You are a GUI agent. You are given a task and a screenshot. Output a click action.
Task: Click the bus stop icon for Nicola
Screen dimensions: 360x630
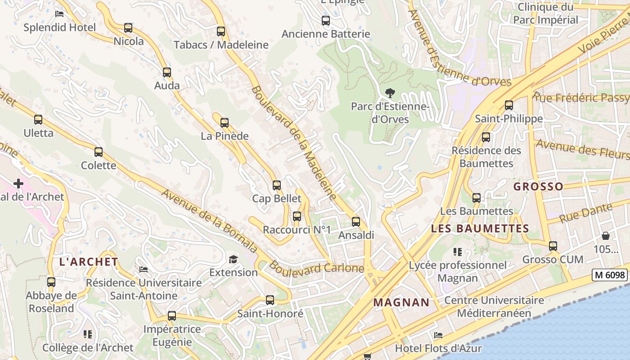(x=128, y=28)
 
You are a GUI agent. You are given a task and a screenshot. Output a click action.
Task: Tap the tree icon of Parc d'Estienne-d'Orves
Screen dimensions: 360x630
(x=390, y=93)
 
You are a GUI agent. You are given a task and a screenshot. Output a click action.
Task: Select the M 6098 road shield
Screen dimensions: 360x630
(x=610, y=274)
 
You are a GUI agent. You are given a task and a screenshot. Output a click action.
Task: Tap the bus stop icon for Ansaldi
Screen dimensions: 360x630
(x=356, y=221)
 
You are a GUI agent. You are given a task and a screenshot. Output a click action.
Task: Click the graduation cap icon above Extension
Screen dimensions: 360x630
(x=233, y=259)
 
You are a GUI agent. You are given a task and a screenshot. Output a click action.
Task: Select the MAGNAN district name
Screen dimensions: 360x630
(x=401, y=302)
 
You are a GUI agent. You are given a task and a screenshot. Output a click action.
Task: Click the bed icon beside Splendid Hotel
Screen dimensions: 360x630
(x=59, y=13)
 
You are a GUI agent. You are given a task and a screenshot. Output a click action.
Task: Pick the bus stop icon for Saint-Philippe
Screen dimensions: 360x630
(x=509, y=105)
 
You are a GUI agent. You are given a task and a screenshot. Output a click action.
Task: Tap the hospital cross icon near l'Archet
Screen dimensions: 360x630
(x=18, y=184)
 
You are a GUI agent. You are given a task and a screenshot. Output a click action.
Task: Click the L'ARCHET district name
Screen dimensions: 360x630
(x=89, y=262)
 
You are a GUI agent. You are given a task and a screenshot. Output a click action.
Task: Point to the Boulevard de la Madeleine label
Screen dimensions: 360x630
(x=294, y=143)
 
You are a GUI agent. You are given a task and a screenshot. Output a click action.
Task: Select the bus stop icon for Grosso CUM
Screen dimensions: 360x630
(x=553, y=246)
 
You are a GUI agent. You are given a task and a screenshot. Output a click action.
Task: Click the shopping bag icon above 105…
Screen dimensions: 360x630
(x=606, y=236)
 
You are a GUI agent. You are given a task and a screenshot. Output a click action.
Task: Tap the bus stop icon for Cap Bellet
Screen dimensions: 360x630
(x=277, y=185)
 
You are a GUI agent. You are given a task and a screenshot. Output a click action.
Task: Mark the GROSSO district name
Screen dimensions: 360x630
(x=538, y=186)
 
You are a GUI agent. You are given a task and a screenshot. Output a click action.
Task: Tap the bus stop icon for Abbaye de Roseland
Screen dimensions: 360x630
(x=51, y=282)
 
